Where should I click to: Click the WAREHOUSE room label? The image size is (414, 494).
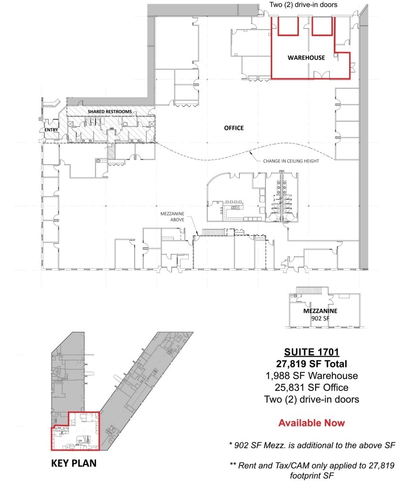tap(306, 58)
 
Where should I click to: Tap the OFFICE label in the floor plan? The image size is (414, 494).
tap(234, 128)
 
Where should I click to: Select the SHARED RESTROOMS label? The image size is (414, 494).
tap(109, 112)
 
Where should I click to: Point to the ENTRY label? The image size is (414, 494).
tap(51, 130)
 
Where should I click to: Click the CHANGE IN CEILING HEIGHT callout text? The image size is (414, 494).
tap(291, 161)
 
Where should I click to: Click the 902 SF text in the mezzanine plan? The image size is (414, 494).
tap(320, 318)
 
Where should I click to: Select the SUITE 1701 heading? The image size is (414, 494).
tap(311, 352)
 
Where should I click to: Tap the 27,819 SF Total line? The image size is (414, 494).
tap(311, 364)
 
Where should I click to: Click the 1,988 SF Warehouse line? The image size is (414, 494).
tap(311, 376)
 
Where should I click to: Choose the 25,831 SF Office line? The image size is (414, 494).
tap(311, 388)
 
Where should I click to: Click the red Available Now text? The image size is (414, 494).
tap(311, 423)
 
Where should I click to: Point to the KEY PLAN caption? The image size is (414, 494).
tap(74, 463)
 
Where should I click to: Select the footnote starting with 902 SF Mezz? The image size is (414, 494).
tap(312, 445)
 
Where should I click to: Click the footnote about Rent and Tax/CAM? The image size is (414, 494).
tap(312, 470)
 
